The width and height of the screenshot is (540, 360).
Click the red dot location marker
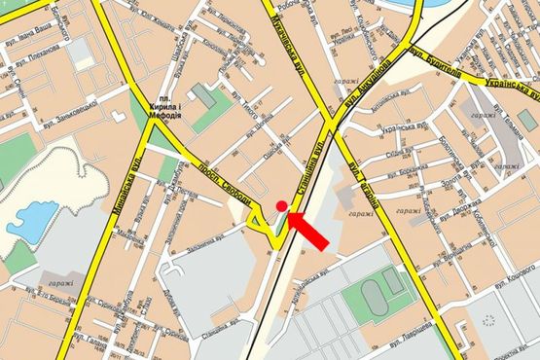(x=281, y=205)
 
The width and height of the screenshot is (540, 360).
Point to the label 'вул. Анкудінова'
(x=367, y=85)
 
